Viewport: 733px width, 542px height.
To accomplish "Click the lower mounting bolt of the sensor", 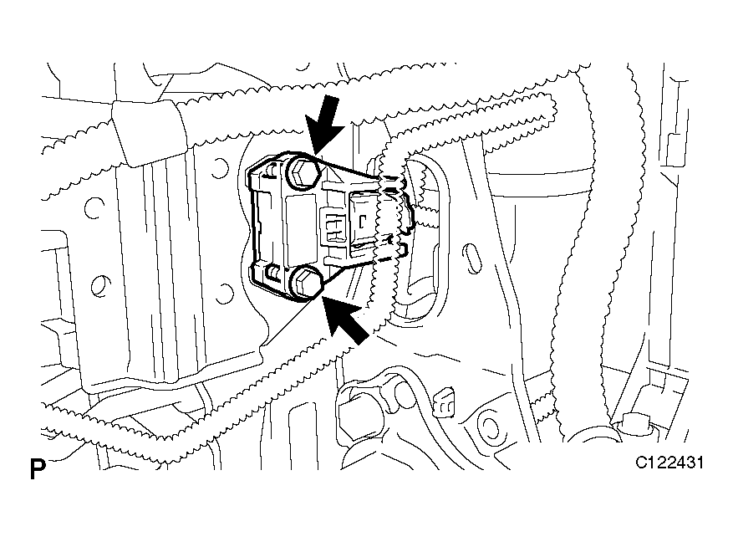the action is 306,283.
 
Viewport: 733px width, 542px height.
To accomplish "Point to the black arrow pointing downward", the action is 326,124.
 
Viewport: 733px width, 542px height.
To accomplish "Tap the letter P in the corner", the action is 38,469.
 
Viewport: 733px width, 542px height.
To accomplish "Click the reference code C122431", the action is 669,463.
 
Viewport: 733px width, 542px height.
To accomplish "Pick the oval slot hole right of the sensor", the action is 472,258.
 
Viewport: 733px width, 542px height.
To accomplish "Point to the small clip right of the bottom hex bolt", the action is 444,401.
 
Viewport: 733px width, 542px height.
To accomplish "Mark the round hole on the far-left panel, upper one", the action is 94,208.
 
